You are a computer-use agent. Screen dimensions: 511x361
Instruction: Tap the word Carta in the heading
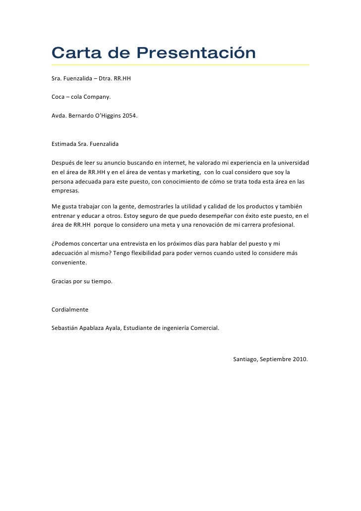click(74, 53)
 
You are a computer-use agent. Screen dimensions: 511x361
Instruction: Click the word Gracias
click(62, 281)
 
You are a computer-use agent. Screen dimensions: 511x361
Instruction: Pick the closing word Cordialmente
click(70, 310)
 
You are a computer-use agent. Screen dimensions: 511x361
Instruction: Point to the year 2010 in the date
click(300, 359)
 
